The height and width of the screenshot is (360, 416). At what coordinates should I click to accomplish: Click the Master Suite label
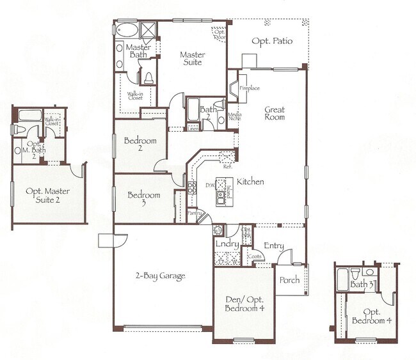click(x=191, y=58)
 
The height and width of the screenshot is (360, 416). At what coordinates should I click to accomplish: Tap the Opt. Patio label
click(x=272, y=41)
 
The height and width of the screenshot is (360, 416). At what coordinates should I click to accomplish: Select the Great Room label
click(x=275, y=114)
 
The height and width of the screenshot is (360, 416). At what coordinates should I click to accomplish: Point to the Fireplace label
click(x=250, y=88)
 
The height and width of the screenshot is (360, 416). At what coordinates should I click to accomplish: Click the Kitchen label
click(x=250, y=182)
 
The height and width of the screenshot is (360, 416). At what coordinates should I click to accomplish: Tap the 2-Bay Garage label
click(x=160, y=276)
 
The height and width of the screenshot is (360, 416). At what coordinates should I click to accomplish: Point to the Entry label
click(x=274, y=246)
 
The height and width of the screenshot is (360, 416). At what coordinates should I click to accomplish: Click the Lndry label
click(x=227, y=244)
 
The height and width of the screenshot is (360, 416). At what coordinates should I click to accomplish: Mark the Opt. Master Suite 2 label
click(x=48, y=196)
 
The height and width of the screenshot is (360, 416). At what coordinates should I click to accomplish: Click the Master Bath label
click(x=138, y=52)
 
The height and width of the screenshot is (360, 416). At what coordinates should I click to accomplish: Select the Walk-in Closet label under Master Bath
click(x=135, y=97)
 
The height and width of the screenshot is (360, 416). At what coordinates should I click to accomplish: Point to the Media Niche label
click(x=234, y=117)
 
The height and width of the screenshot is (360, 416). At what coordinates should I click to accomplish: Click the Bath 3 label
click(x=362, y=285)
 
